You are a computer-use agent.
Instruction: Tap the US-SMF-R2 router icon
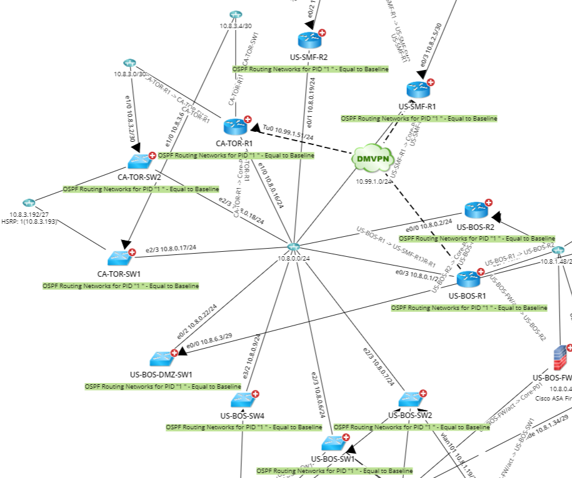(309, 41)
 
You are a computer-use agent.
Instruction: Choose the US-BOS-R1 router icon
(468, 279)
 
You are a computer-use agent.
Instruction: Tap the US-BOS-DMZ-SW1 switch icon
(162, 359)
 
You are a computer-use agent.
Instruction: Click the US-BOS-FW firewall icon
(559, 358)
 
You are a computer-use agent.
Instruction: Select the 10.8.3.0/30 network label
(129, 74)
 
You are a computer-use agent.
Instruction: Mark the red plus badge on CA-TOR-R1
(248, 119)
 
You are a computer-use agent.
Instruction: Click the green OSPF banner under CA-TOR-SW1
(121, 286)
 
